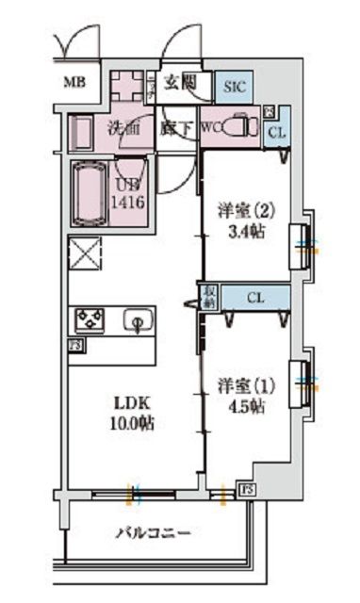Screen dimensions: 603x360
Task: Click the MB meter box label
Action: (x=74, y=83)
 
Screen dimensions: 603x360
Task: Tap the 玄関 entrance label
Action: (x=180, y=82)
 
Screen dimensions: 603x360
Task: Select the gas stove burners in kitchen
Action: (x=91, y=319)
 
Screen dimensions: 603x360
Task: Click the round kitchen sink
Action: (x=138, y=323)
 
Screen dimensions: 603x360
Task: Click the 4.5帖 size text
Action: (x=245, y=407)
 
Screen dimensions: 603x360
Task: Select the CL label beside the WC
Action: (x=275, y=133)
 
